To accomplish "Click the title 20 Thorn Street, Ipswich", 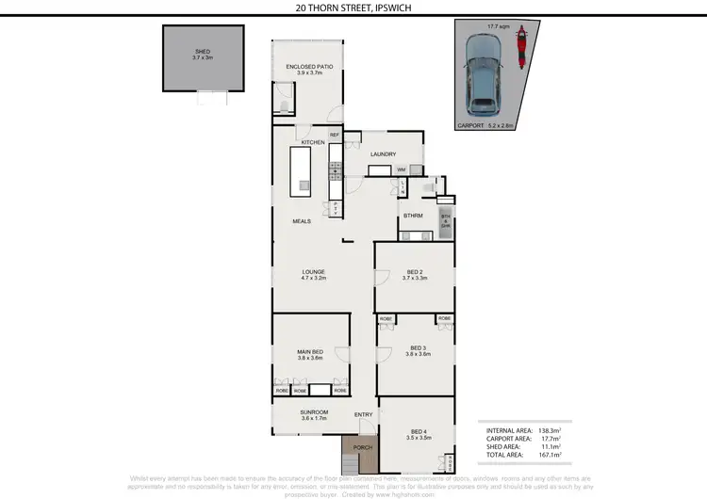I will pos(353,8).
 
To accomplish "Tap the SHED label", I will pos(203,54).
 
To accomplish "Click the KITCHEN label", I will pos(312,142).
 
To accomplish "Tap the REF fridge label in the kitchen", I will pos(334,136).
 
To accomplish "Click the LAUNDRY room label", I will pos(382,154).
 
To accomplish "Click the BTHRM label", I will pos(413,216).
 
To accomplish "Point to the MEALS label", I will pos(301,221).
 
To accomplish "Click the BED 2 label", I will pos(414,275).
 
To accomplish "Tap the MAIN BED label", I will pos(310,354).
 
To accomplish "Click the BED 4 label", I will pos(418,435).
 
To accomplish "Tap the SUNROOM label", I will pos(314,414).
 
